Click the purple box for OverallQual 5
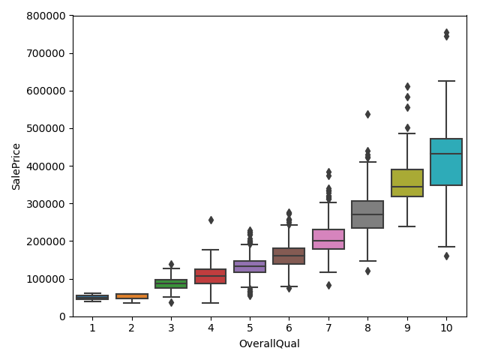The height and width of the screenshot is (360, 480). point(250,266)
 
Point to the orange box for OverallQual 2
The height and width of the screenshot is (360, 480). point(132,296)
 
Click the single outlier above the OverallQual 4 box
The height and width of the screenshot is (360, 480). point(211,220)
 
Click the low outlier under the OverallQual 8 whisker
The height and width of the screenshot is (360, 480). point(367,271)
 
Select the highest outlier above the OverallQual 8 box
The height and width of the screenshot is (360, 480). point(367,114)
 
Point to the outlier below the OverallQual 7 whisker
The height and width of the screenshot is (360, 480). point(328,285)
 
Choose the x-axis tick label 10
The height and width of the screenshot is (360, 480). point(446,328)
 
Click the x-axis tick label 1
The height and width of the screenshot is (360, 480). point(92,328)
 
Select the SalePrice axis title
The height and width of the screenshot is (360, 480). point(16,166)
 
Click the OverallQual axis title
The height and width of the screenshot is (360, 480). point(269,344)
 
